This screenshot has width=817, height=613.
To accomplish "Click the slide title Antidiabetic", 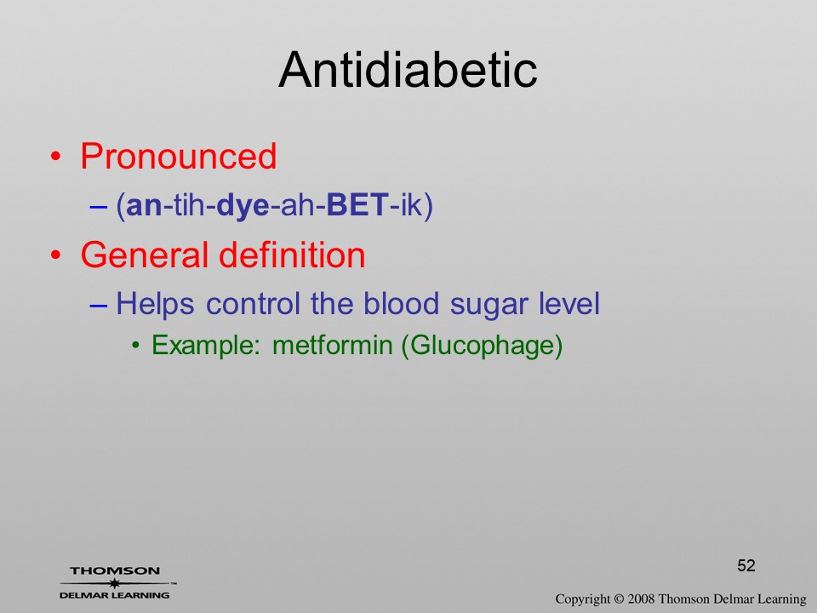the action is coord(408,70).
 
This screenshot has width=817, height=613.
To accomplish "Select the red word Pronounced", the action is coord(178,156).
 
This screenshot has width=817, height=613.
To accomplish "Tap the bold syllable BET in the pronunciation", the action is coord(357,204).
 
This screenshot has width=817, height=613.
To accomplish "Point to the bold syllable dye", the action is coord(243,206).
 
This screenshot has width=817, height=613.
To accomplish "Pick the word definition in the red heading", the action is coord(292,255).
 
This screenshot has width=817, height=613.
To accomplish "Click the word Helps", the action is coord(155,304).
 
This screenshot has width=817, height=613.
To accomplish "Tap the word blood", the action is coord(401,303).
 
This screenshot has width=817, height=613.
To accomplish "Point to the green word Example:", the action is coord(205,346).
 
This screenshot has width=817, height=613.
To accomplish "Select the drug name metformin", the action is coord(332,345).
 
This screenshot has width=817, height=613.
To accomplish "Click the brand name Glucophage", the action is coord(482,346).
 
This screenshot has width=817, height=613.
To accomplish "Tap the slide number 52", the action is coord(746,565).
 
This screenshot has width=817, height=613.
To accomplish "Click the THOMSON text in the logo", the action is coord(115,570).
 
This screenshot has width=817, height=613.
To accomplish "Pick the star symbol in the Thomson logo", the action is coord(115,583).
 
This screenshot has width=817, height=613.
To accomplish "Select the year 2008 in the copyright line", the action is coord(641,599).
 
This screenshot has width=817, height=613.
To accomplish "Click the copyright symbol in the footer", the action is coord(619,599).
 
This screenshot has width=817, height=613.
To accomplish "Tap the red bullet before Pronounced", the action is coord(56,157).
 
